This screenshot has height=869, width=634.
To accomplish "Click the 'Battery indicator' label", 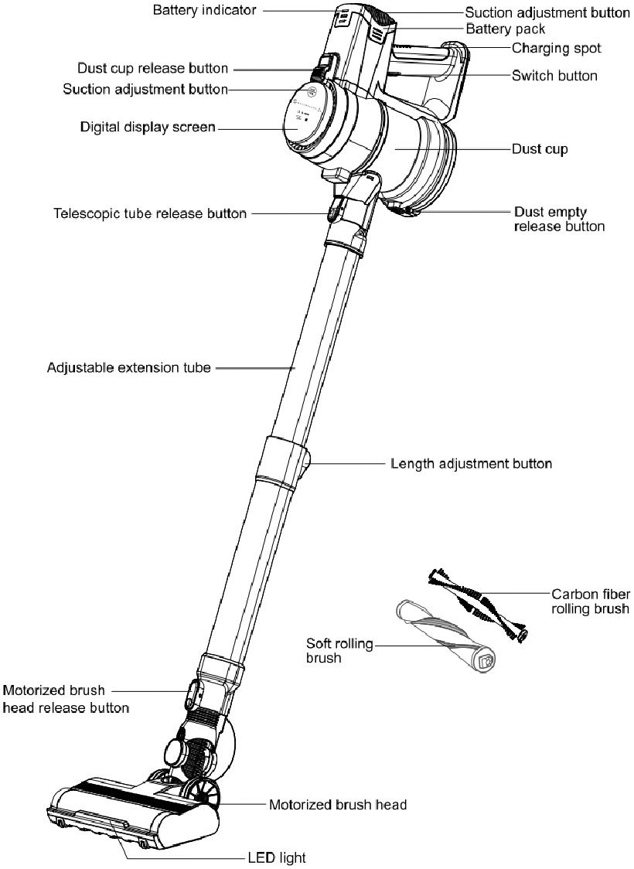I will [203, 10].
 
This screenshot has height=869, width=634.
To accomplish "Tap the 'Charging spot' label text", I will [556, 48].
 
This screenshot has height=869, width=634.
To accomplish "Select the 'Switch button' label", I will [554, 76].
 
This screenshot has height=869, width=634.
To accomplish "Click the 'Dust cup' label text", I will [540, 148].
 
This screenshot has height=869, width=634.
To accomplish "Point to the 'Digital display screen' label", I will [147, 126].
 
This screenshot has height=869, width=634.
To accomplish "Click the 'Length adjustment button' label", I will [471, 464].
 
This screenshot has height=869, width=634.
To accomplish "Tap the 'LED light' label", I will [277, 857].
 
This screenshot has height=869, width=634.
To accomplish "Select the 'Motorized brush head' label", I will [337, 804].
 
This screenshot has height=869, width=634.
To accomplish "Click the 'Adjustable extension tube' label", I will [128, 367].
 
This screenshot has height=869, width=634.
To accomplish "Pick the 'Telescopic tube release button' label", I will [150, 213].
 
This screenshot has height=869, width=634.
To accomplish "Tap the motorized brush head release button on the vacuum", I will [190, 693].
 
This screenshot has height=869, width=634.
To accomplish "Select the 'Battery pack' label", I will [506, 29].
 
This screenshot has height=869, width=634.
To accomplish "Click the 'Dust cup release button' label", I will [152, 69].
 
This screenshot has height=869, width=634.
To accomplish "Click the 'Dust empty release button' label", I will [558, 219].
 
